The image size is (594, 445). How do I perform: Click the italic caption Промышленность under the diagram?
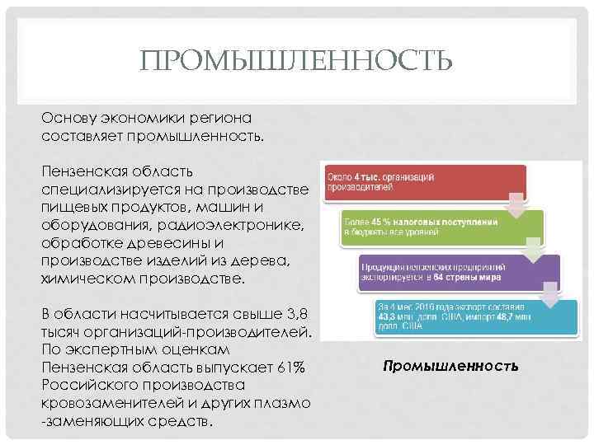pyautogui.click(x=450, y=364)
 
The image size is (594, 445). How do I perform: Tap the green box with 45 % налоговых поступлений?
pyautogui.click(x=442, y=225)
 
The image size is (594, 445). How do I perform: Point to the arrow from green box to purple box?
pyautogui.click(x=533, y=248)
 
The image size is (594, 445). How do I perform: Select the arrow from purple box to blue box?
pyautogui.click(x=549, y=294)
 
